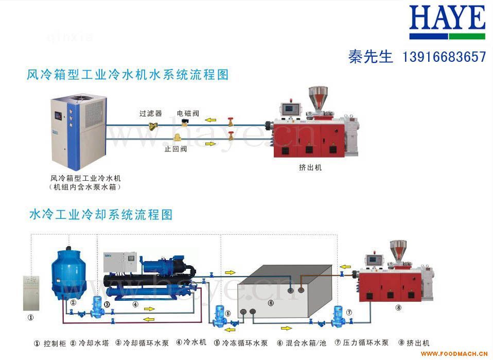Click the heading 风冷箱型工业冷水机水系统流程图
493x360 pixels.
[x=127, y=75]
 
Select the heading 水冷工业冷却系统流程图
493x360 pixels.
[x=101, y=214]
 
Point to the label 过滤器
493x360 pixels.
[x=150, y=113]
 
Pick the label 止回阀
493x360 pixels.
[x=175, y=149]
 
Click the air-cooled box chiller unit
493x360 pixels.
[x=77, y=132]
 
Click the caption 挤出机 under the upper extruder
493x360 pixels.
[x=310, y=167]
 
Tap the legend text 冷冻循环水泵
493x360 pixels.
[x=244, y=342]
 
